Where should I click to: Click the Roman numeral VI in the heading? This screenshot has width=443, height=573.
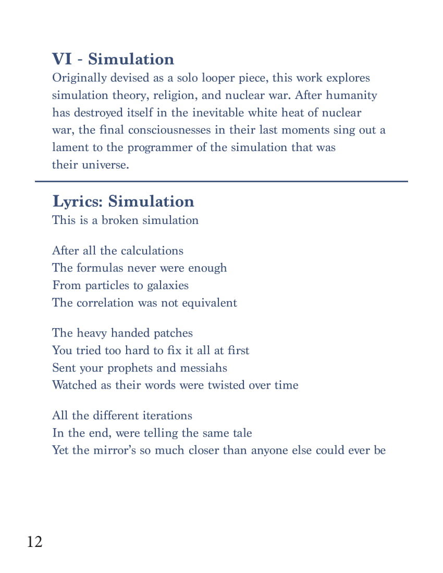(62, 59)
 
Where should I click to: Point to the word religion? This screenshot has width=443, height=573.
(175, 96)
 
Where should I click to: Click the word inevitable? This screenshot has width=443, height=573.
(218, 113)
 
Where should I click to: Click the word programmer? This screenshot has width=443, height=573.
(160, 147)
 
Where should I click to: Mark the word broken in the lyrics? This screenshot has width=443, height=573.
(119, 220)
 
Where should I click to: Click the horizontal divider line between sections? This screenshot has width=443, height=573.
(221, 181)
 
